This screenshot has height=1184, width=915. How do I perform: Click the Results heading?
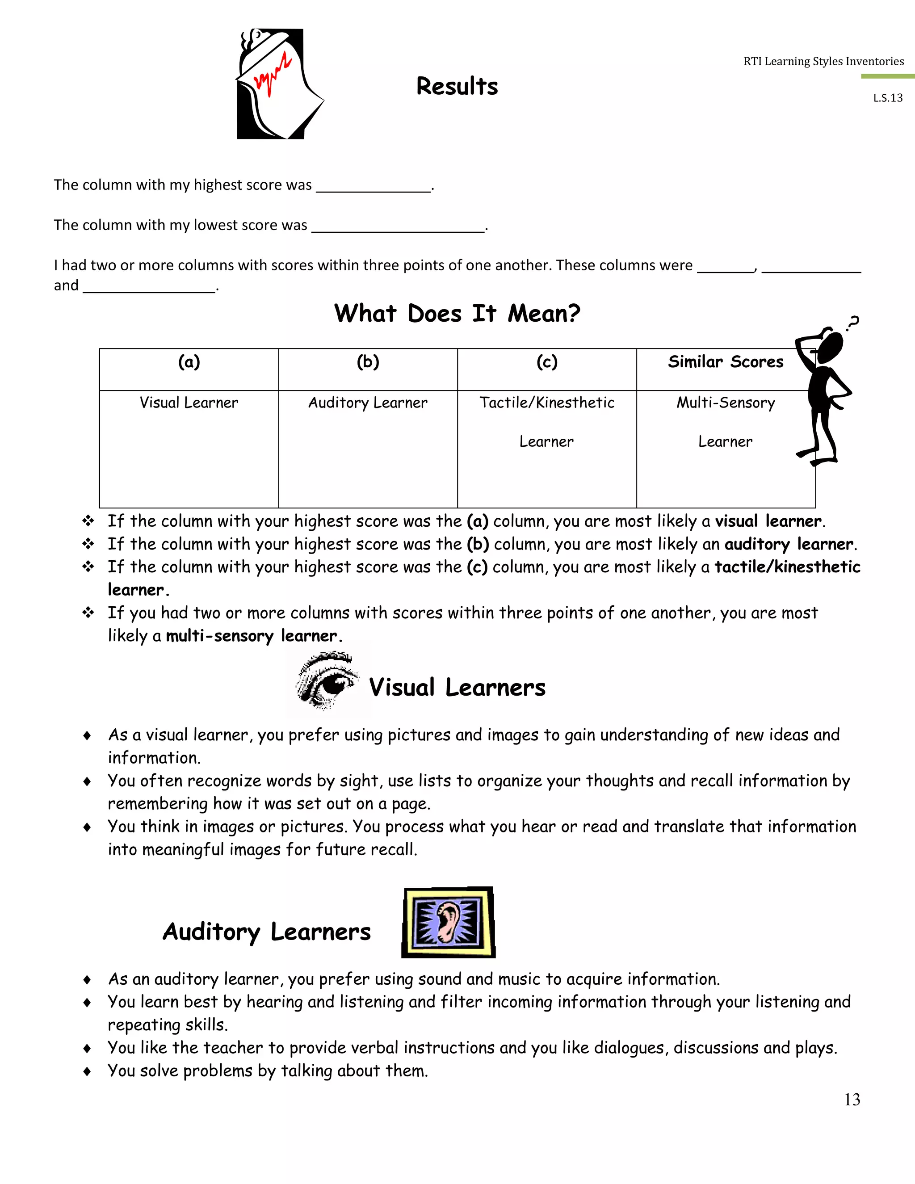pos(457,86)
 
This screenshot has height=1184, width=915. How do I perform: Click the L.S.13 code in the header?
pos(887,98)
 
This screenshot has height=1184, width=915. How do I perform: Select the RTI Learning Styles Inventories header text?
pos(823,61)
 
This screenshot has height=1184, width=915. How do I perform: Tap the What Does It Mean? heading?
pos(457,313)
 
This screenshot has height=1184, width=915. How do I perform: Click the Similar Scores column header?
pos(725,362)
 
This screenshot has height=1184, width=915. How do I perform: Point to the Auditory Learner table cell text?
pos(368,403)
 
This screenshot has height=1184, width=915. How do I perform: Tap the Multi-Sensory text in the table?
pos(725,403)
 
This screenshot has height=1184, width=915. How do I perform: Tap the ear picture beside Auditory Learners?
pos(448,922)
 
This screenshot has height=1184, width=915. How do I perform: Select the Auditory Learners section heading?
pos(267,932)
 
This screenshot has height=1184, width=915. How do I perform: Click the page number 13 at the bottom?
pos(852,1100)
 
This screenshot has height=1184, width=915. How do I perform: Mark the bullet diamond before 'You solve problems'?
pos(87,1072)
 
